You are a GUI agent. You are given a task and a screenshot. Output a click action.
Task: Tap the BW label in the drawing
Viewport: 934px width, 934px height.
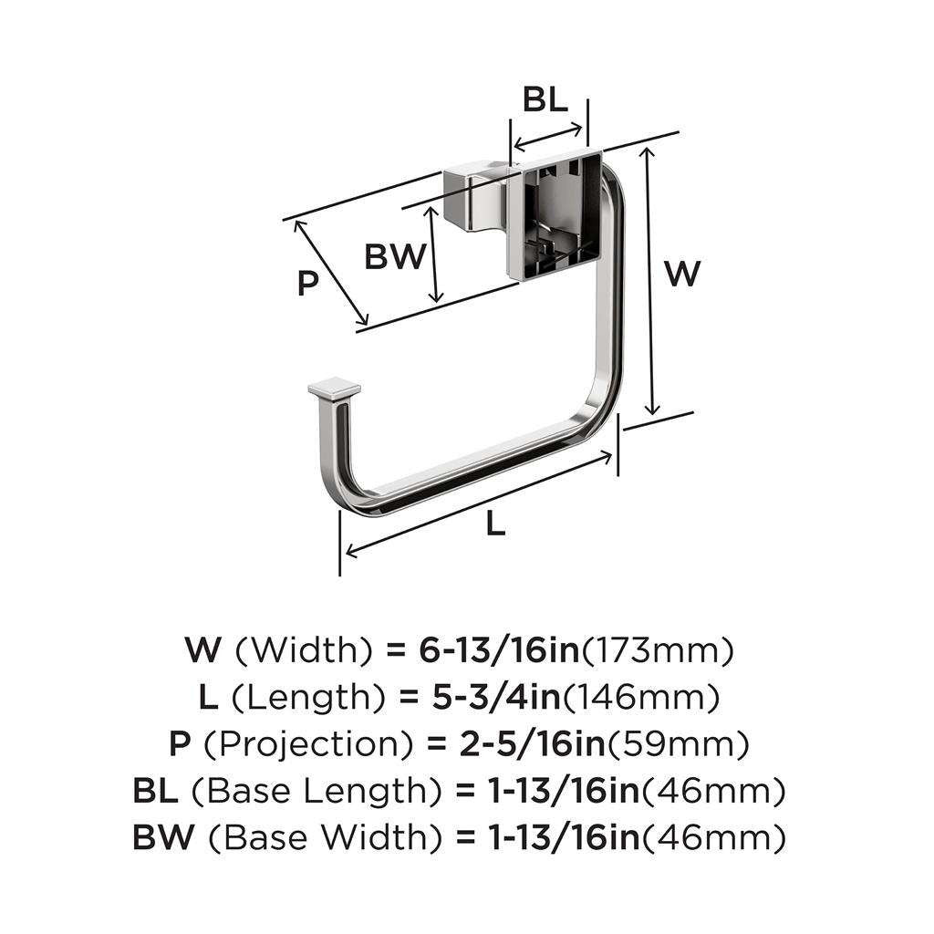(396, 256)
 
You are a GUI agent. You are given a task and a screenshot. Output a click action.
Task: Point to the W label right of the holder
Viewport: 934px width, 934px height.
(682, 274)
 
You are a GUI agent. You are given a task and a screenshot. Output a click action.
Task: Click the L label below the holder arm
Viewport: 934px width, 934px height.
(495, 524)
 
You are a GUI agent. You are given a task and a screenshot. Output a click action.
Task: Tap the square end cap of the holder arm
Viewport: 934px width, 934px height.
(334, 389)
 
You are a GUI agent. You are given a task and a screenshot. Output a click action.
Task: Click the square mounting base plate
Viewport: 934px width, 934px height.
(554, 215)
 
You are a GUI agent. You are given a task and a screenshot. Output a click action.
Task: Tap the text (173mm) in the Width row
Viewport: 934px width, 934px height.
(657, 650)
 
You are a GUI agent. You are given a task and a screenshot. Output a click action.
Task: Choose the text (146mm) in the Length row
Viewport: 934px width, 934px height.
(640, 698)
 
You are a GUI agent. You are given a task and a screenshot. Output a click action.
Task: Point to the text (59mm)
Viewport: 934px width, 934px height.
(678, 744)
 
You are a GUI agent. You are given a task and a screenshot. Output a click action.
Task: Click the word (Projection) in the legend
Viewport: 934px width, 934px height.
(308, 744)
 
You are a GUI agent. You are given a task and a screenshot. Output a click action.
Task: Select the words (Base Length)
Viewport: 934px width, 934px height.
(317, 792)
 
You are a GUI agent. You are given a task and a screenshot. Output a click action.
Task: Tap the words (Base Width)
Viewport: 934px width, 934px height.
(327, 838)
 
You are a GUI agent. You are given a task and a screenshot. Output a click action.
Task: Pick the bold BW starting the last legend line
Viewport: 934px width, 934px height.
(163, 837)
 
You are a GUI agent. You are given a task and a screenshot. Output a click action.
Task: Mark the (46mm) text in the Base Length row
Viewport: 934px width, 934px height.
(713, 792)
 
